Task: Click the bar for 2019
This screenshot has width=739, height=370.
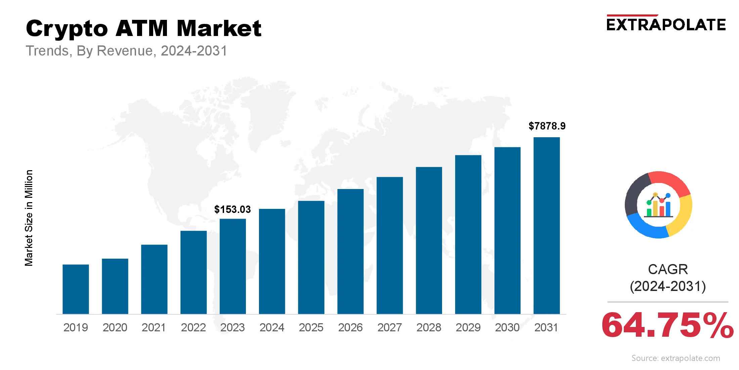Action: (x=76, y=289)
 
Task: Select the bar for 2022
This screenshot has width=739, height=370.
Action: (x=193, y=272)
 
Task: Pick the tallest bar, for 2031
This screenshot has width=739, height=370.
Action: (x=547, y=225)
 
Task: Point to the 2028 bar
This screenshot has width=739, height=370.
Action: (x=429, y=240)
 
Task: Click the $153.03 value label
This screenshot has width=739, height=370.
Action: (x=232, y=210)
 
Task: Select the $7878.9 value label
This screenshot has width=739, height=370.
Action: (x=547, y=126)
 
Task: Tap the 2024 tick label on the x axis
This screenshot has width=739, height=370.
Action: (x=272, y=327)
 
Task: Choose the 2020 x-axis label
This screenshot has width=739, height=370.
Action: (x=115, y=327)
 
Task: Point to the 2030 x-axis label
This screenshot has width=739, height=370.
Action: (x=507, y=327)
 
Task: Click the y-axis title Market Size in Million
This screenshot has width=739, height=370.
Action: (x=29, y=218)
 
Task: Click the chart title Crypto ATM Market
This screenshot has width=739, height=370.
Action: (x=143, y=28)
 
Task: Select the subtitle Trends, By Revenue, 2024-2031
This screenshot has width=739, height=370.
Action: (x=127, y=51)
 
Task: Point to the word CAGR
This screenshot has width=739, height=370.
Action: (x=668, y=269)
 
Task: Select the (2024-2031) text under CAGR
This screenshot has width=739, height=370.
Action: (x=668, y=286)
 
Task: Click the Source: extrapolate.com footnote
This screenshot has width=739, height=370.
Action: (x=676, y=358)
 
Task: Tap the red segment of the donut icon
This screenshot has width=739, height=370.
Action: (x=670, y=182)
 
